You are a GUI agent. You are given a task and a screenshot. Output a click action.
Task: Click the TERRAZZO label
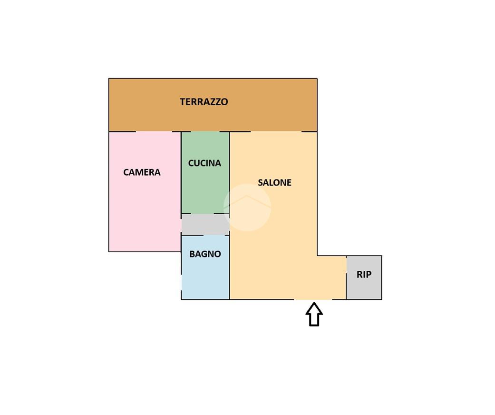click(204, 102)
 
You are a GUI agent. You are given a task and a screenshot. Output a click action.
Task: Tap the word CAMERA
click(142, 172)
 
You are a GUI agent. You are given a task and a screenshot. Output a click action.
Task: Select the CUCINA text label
click(204, 163)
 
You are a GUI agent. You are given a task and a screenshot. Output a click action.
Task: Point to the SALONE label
click(274, 182)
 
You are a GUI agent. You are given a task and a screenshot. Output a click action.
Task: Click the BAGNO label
click(205, 254)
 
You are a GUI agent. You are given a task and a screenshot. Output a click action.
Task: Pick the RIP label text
click(364, 275)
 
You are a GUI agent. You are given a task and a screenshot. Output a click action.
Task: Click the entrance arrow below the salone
click(314, 315)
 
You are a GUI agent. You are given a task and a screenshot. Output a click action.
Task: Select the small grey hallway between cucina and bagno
click(205, 225)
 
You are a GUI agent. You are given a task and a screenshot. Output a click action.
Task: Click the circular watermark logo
click(247, 207)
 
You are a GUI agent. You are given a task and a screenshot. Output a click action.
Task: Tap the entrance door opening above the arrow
click(313, 299)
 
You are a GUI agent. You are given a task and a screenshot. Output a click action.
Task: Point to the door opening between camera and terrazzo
click(154, 131)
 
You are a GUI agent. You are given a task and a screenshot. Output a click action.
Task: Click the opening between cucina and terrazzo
click(205, 131)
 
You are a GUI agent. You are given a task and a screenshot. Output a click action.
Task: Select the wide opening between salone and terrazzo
click(276, 131)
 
